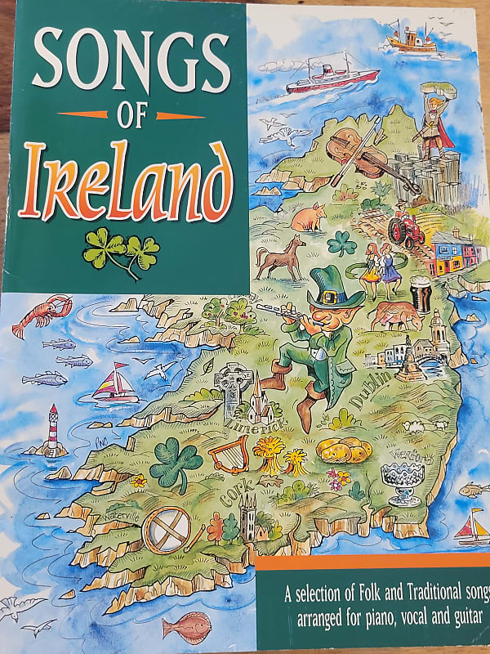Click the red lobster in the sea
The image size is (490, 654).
coord(41,314)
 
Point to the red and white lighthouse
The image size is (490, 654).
coord(54,428)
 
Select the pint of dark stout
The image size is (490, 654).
coord(420,295)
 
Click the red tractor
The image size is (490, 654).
coord(406,229)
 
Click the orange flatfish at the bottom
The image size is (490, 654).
coord(187,628)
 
